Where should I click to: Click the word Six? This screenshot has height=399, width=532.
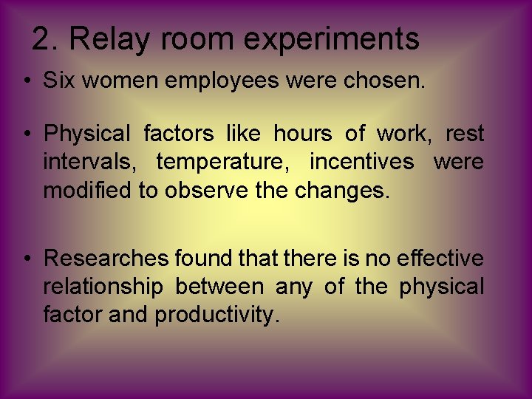click(58, 81)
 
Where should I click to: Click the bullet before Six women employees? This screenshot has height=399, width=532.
click(26, 81)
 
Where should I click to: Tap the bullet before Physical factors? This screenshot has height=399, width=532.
click(26, 134)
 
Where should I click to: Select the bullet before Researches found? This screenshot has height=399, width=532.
click(26, 259)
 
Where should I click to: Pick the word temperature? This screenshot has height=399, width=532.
click(222, 162)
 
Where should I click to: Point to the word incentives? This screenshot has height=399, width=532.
click(362, 160)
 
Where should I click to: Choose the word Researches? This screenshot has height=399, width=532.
click(107, 258)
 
